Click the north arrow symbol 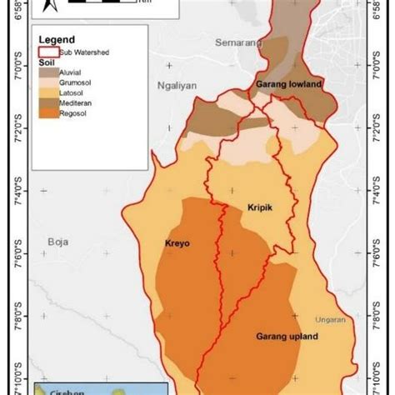pyautogui.click(x=47, y=7)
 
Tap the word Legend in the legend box pyautogui.click(x=56, y=39)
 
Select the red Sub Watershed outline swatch pyautogui.click(x=49, y=51)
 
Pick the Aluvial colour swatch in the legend pyautogui.click(x=49, y=72)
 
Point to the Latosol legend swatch pyautogui.click(x=49, y=96)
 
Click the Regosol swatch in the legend pyautogui.click(x=49, y=119)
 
